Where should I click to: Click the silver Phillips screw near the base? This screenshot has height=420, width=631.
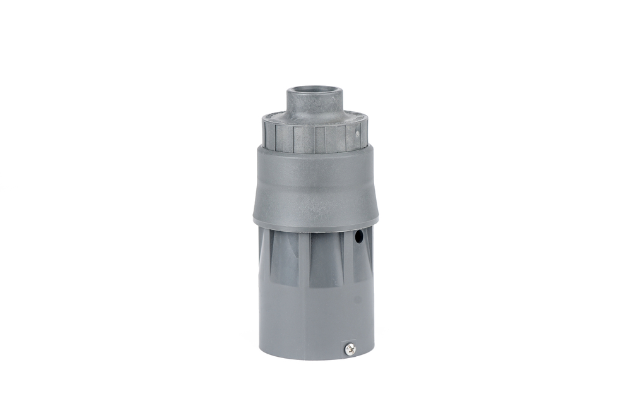[350, 348]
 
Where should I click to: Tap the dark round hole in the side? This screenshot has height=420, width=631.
[358, 237]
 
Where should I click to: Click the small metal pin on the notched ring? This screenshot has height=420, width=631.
[357, 133]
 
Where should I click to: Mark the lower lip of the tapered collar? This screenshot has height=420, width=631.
[315, 227]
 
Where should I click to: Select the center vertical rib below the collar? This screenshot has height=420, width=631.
[304, 259]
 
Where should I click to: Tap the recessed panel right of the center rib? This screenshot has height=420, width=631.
[326, 259]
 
